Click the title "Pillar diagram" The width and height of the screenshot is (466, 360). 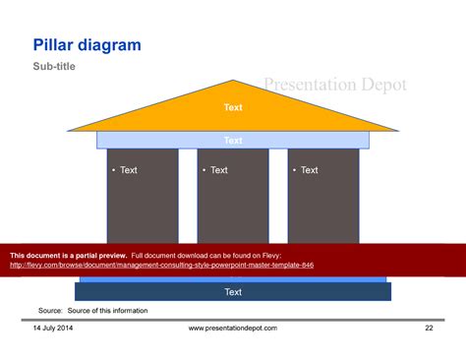[87, 45]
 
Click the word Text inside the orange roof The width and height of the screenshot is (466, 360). [233, 107]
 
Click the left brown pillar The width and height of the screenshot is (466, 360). [143, 207]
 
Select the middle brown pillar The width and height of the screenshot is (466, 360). [233, 207]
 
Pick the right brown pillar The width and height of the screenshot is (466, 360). [323, 207]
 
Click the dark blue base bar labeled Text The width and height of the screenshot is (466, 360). [233, 292]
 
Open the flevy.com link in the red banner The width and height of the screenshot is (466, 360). [161, 265]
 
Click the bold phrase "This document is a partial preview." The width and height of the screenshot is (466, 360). [68, 255]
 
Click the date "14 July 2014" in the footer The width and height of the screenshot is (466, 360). [51, 328]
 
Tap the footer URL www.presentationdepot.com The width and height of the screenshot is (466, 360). [233, 328]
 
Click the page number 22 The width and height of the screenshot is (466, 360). [429, 328]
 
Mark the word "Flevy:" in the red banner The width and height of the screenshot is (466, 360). [296, 255]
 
